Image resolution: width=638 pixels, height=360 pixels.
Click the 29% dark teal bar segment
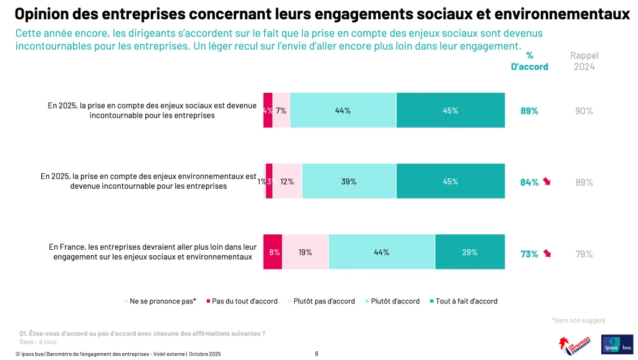click(x=470, y=252)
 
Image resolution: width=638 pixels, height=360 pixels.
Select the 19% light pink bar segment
click(x=305, y=252)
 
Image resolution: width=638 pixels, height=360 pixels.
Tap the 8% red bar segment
click(x=273, y=252)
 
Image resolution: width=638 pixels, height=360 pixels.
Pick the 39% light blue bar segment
click(x=349, y=181)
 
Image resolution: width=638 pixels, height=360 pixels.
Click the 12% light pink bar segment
click(x=287, y=181)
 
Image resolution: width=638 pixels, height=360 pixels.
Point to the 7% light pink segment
click(x=281, y=110)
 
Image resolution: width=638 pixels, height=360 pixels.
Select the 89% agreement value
click(x=530, y=111)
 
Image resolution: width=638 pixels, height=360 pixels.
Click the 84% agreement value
click(x=529, y=182)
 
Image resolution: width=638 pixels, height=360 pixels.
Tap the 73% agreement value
click(x=529, y=254)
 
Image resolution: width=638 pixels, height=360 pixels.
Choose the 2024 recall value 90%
click(x=584, y=111)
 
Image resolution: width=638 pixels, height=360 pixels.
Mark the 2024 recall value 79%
click(x=584, y=254)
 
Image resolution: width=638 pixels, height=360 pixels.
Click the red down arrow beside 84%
click(x=547, y=182)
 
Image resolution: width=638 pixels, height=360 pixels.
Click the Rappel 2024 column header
click(x=584, y=61)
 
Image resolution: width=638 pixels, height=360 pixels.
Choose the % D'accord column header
click(x=530, y=61)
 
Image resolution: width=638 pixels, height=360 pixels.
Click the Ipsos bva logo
click(x=616, y=345)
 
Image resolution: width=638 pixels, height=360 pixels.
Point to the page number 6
click(x=317, y=354)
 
